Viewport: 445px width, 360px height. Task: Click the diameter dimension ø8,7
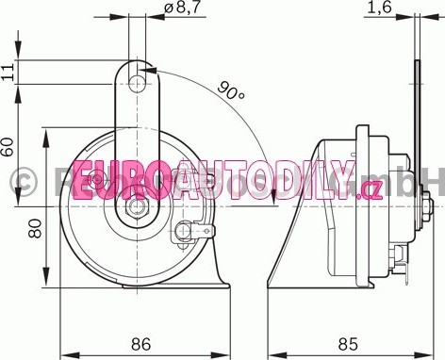182,8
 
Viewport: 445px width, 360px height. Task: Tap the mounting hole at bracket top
138,84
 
